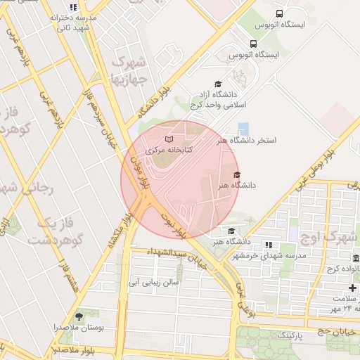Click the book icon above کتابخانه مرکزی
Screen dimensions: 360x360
[168, 139]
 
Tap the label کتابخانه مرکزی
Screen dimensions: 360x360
[168, 150]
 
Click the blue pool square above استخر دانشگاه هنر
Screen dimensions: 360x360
[243, 129]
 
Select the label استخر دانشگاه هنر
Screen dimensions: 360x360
[247, 141]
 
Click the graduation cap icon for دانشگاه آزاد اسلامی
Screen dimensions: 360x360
[217, 84]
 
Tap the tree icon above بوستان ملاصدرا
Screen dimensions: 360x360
[79, 316]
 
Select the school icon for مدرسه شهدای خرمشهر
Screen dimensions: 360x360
[268, 245]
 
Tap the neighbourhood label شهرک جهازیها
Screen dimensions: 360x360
[131, 70]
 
